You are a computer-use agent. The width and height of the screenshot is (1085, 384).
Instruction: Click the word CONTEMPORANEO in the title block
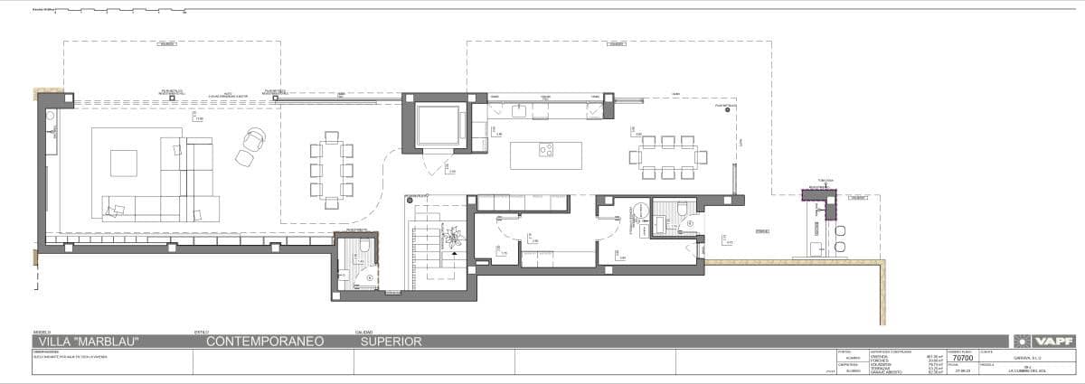[265, 342]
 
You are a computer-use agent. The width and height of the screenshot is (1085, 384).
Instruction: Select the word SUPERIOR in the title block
[392, 342]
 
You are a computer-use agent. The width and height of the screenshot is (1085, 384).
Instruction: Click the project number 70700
[963, 358]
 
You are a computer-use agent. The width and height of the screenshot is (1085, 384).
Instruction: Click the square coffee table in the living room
[125, 163]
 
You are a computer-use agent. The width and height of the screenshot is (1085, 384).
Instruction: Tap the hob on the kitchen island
[546, 150]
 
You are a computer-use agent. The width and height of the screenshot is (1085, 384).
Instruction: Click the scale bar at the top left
[108, 13]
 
